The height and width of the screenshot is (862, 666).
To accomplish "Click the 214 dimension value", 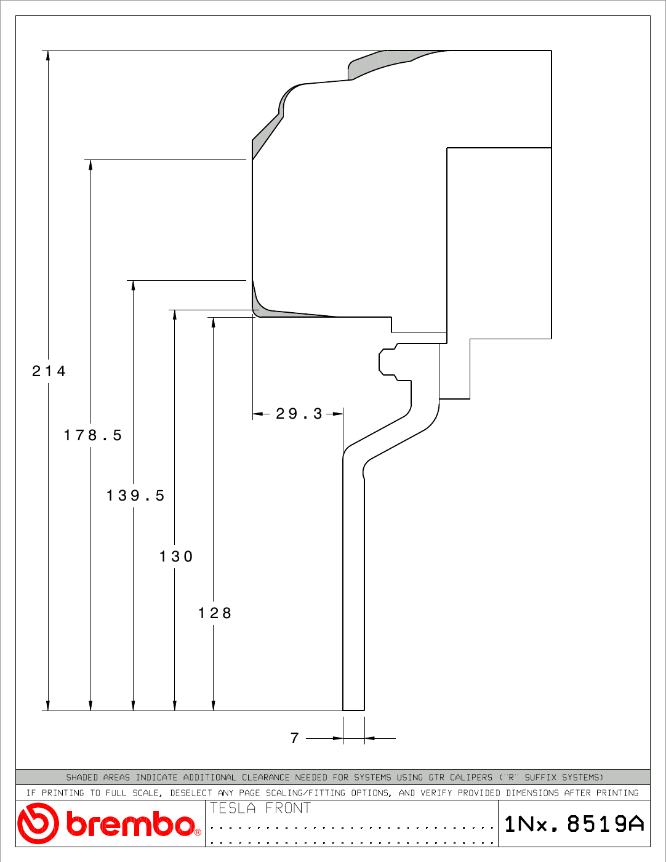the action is coord(49,371).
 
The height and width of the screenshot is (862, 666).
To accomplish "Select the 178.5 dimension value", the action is coord(93,435).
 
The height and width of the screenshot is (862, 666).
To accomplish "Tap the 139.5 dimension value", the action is coord(135,496).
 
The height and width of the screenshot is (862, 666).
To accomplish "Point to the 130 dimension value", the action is coord(176,557).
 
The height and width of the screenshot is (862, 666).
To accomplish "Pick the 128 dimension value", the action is coord(214,613).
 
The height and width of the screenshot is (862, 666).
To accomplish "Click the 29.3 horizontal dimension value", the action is coord(299,414).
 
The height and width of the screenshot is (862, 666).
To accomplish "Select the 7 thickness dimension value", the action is coord(294,738).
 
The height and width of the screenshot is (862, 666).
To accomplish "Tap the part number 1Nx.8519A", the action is coord(574,824).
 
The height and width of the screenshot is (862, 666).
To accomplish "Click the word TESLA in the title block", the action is coord(233,808).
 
